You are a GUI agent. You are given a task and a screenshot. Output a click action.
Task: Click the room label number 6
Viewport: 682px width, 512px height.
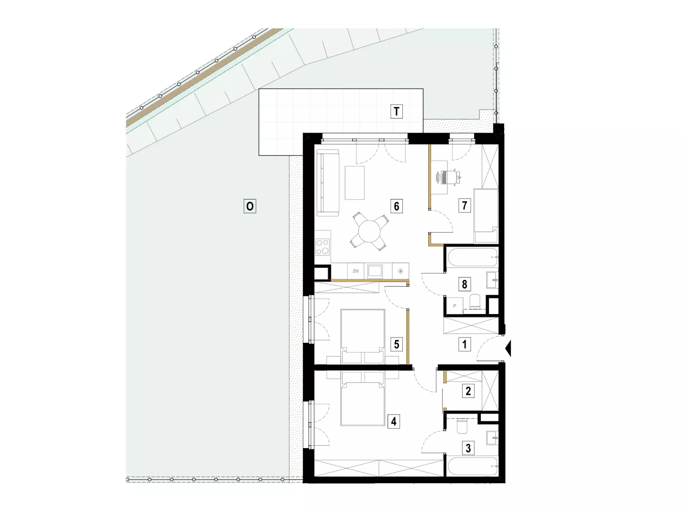pyautogui.click(x=397, y=206)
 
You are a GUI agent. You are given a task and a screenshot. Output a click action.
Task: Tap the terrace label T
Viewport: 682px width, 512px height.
pyautogui.click(x=397, y=111)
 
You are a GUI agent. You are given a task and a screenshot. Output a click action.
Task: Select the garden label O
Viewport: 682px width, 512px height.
pyautogui.click(x=250, y=206)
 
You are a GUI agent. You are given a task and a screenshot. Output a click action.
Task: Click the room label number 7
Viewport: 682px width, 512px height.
pyautogui.click(x=465, y=205)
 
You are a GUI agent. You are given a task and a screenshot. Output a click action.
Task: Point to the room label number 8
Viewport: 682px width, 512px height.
pyautogui.click(x=465, y=284)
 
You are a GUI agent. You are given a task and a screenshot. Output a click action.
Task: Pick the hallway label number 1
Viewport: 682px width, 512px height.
pyautogui.click(x=465, y=344)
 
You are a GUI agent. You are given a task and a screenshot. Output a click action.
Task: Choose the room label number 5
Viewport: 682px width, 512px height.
pyautogui.click(x=397, y=344)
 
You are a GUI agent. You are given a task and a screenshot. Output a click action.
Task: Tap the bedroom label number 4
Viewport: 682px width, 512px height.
pyautogui.click(x=394, y=421)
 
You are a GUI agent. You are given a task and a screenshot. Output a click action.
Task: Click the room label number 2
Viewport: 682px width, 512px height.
pyautogui.click(x=468, y=391)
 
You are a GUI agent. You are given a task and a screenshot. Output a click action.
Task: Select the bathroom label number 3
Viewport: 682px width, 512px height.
pyautogui.click(x=468, y=448)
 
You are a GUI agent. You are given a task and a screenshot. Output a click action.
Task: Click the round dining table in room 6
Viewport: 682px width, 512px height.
pyautogui.click(x=369, y=231)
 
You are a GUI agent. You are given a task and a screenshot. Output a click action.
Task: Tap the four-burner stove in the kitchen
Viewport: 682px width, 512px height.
pyautogui.click(x=322, y=247)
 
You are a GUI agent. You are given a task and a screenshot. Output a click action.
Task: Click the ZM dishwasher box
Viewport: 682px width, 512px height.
pyautogui.click(x=356, y=271)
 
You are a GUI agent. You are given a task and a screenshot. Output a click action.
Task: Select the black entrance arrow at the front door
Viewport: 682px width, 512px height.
pyautogui.click(x=508, y=348)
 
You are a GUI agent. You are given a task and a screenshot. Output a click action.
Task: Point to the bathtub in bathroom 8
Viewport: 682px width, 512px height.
pyautogui.click(x=473, y=257)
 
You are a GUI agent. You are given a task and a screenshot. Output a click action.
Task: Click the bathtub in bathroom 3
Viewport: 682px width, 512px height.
pyautogui.click(x=473, y=466)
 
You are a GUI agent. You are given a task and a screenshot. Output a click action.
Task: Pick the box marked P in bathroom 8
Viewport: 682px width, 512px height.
pyautogui.click(x=455, y=306)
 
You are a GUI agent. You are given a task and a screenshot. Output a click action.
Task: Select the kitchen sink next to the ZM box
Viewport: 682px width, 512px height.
pyautogui.click(x=375, y=271)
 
